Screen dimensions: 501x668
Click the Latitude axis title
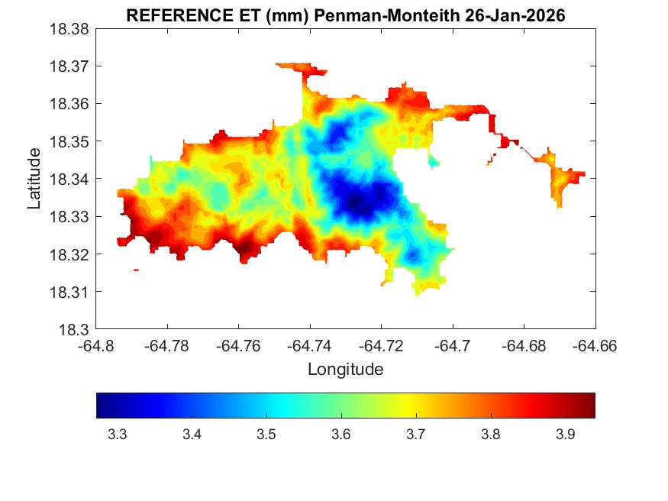click(x=34, y=179)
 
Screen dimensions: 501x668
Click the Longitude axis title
click(x=345, y=370)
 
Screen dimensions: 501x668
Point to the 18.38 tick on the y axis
click(x=70, y=28)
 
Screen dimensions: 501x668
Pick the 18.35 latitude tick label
click(x=70, y=141)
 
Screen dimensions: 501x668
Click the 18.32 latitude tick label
click(x=70, y=254)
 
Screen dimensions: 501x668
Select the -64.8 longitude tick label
click(x=95, y=346)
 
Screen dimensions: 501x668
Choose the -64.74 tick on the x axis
click(x=309, y=346)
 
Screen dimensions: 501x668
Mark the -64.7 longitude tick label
click(x=452, y=346)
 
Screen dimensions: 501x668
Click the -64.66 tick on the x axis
click(x=595, y=346)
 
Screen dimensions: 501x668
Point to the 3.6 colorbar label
click(x=341, y=435)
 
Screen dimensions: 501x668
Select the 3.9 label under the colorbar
click(x=565, y=435)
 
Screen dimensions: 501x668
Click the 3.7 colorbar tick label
click(x=416, y=435)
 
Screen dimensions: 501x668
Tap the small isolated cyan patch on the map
click(x=434, y=161)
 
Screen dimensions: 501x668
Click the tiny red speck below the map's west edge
click(x=136, y=270)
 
